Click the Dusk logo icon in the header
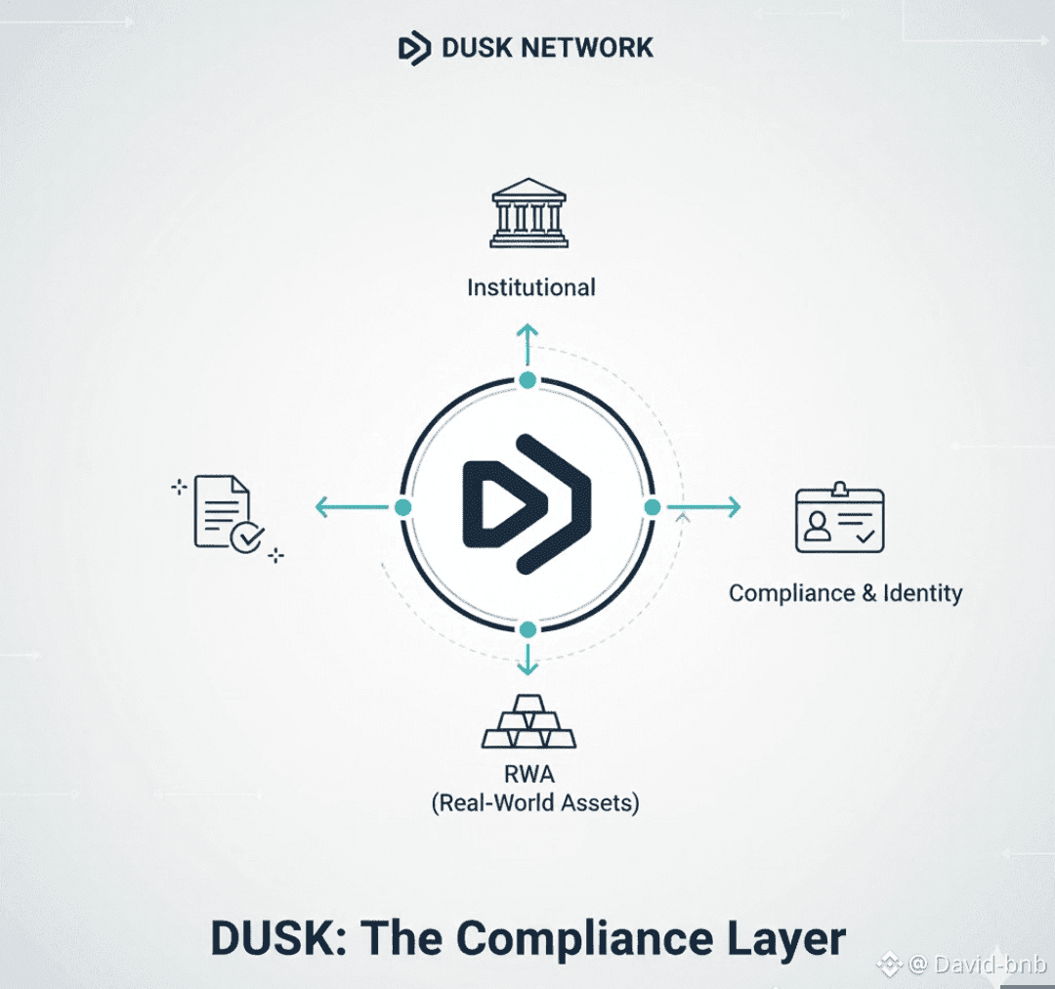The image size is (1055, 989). [x=414, y=47]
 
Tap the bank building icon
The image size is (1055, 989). [x=528, y=212]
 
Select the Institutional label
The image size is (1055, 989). [x=530, y=287]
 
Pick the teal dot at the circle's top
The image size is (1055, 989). [x=527, y=380]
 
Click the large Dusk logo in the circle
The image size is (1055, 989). [x=527, y=503]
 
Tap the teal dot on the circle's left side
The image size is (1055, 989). [x=402, y=507]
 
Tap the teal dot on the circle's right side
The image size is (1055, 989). [x=653, y=506]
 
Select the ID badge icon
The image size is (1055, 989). [x=839, y=519]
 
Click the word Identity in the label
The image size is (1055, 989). [x=922, y=592]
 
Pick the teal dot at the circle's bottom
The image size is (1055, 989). [x=527, y=628]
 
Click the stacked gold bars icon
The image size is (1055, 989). [x=528, y=724]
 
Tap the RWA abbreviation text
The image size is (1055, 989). [x=529, y=775]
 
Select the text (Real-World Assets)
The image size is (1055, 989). [x=534, y=803]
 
